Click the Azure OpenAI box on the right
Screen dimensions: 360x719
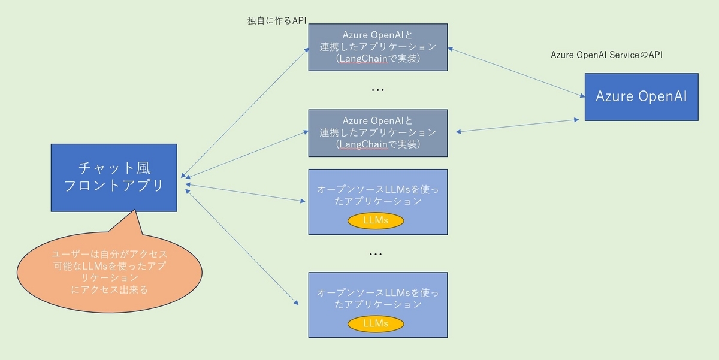[x=641, y=96]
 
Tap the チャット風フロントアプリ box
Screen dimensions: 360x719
[x=114, y=177]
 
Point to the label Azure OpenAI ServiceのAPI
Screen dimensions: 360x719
[x=606, y=55]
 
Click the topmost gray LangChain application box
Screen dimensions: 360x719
[x=377, y=47]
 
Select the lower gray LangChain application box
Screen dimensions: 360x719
[x=377, y=132]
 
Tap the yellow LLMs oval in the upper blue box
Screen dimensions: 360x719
[x=376, y=220]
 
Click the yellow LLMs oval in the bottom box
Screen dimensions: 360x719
[x=376, y=323]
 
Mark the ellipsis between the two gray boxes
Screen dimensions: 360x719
[x=377, y=90]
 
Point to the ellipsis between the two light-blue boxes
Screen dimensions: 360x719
[x=376, y=255]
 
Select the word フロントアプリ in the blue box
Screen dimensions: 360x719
[x=114, y=186]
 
